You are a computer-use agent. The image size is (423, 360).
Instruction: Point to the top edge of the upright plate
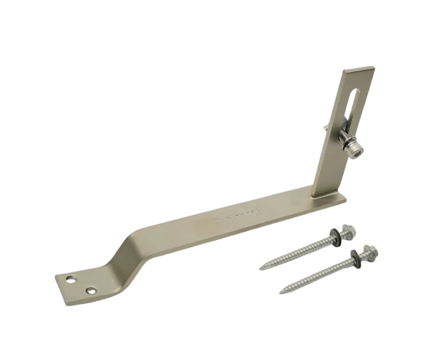(360, 70)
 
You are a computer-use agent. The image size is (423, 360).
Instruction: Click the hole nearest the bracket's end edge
(70, 278)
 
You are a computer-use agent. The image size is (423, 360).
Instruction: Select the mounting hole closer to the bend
(90, 290)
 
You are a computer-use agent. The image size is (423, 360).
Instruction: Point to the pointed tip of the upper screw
(261, 269)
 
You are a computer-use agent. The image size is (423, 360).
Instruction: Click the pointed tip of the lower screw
(282, 291)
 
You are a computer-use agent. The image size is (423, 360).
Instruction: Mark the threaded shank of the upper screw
(297, 252)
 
